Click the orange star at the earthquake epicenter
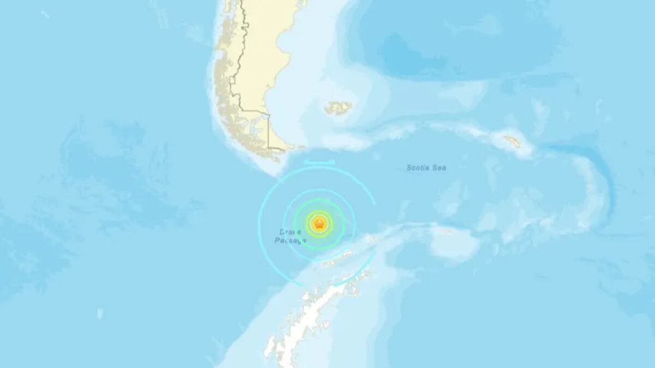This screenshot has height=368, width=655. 319,223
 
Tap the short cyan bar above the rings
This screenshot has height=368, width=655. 320,161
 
